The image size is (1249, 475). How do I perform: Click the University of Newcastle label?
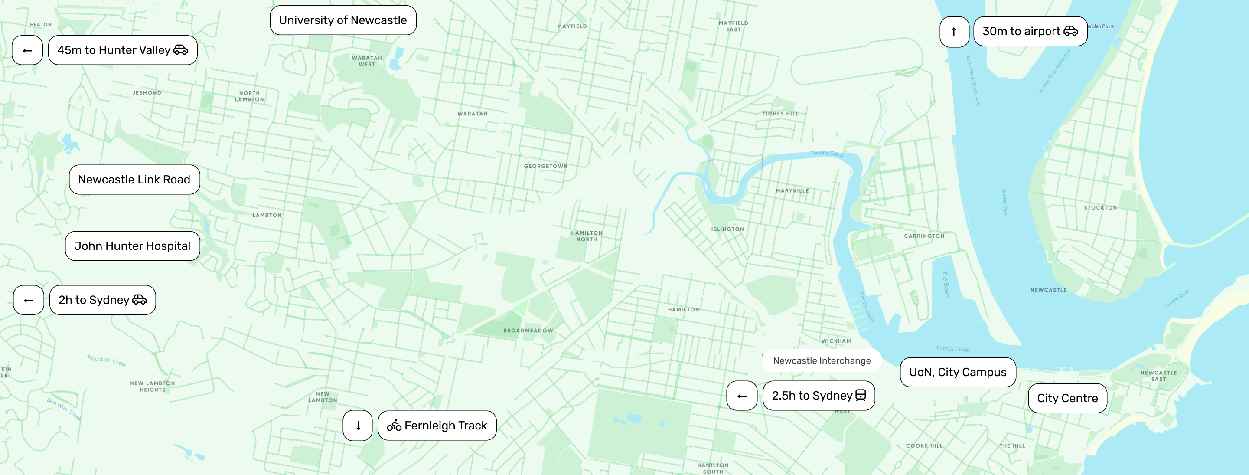tap(343, 20)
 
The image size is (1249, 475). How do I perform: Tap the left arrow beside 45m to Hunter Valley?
tap(27, 50)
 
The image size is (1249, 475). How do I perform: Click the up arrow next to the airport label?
tap(954, 32)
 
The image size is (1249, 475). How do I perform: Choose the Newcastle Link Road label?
tap(134, 180)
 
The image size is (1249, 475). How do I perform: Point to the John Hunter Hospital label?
tap(132, 246)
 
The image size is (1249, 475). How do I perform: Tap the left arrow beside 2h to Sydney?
tap(29, 300)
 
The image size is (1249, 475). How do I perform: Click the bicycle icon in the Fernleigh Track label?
tap(394, 426)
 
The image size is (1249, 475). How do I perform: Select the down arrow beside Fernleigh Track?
tap(358, 426)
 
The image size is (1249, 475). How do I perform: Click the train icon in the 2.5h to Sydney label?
tap(861, 396)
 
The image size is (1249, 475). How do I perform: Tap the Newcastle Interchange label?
tap(822, 360)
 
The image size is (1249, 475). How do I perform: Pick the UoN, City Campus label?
tap(957, 372)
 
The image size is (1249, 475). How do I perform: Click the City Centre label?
tap(1067, 398)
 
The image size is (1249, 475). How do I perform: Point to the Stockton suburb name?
tap(1100, 208)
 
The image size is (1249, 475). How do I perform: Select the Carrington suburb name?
tap(924, 236)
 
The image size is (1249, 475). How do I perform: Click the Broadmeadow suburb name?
tap(528, 331)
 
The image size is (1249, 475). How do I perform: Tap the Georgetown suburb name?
tap(545, 166)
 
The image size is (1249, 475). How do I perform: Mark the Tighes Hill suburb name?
tap(779, 114)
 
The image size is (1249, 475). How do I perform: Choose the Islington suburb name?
tap(727, 229)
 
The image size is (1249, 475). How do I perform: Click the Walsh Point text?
tap(1100, 26)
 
